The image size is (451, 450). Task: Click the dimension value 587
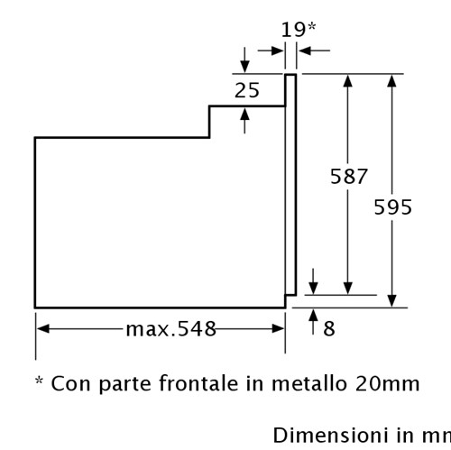[x=349, y=177]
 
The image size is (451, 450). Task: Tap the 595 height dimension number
[x=392, y=207]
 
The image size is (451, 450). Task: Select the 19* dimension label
[x=299, y=30]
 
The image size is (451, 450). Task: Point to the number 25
[x=247, y=90]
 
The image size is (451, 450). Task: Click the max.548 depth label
[x=170, y=328]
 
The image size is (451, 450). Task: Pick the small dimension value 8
[x=329, y=328]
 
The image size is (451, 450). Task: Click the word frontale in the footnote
[x=198, y=383]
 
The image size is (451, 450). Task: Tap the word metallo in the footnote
[x=309, y=383]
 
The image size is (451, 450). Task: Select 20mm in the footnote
[x=387, y=384]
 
